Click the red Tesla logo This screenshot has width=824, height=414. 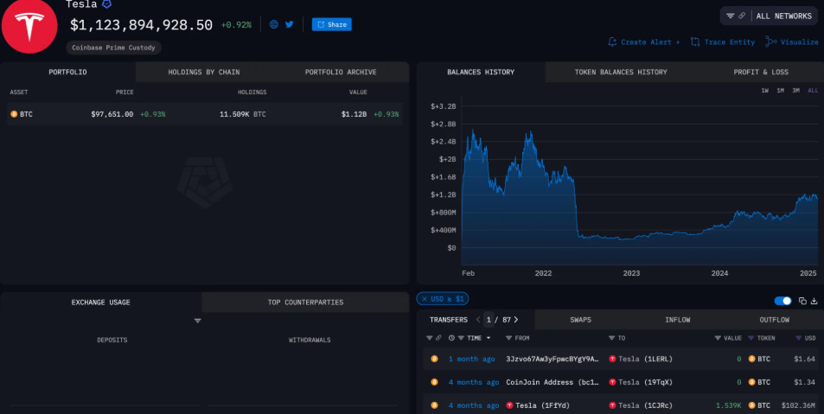click(29, 26)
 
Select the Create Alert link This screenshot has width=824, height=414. click(644, 41)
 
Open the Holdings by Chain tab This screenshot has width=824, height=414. click(203, 72)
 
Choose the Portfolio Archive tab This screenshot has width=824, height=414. click(340, 72)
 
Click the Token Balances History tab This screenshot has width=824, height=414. click(620, 72)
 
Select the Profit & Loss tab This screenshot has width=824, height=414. click(760, 72)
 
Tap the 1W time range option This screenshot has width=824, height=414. click(764, 91)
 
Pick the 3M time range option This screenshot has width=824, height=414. click(795, 91)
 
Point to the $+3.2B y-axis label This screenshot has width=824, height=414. click(443, 106)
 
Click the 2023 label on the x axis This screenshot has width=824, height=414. click(631, 273)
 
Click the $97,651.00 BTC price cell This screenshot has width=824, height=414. click(112, 114)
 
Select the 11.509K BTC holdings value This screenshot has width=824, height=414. click(242, 114)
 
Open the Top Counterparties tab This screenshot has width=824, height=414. click(305, 303)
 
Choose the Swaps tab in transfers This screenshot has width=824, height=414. click(580, 320)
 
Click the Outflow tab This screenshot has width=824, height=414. click(774, 320)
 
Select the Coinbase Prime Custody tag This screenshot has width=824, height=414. click(113, 48)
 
